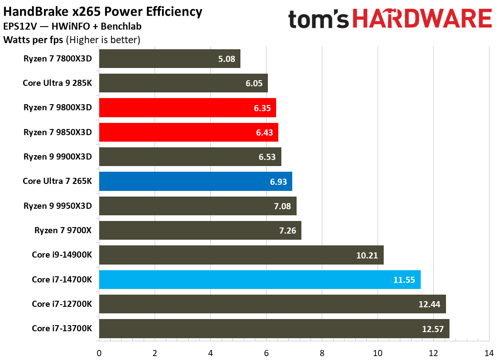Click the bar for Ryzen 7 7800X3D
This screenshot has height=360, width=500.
click(169, 59)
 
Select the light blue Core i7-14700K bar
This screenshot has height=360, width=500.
click(260, 279)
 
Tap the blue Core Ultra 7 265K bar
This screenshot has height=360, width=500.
click(195, 181)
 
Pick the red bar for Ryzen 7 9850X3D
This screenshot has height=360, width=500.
click(188, 132)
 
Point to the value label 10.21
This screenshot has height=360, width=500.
click(367, 255)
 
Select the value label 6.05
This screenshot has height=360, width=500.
click(254, 83)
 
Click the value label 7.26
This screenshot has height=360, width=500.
click(287, 231)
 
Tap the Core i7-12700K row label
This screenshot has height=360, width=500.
click(62, 304)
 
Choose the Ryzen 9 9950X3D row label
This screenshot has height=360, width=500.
click(57, 206)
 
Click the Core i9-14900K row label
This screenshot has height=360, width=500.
click(62, 255)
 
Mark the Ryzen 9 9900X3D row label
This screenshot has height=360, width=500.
click(57, 157)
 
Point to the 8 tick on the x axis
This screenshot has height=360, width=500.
click(322, 353)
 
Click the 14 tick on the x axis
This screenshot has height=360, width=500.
click(489, 353)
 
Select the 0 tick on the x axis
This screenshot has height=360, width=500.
click(99, 353)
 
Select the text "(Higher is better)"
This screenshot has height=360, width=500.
click(103, 41)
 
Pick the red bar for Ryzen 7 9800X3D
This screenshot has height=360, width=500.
click(187, 108)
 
